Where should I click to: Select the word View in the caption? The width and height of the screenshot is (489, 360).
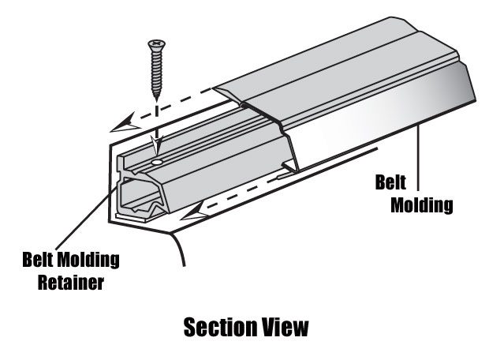click(282, 328)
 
